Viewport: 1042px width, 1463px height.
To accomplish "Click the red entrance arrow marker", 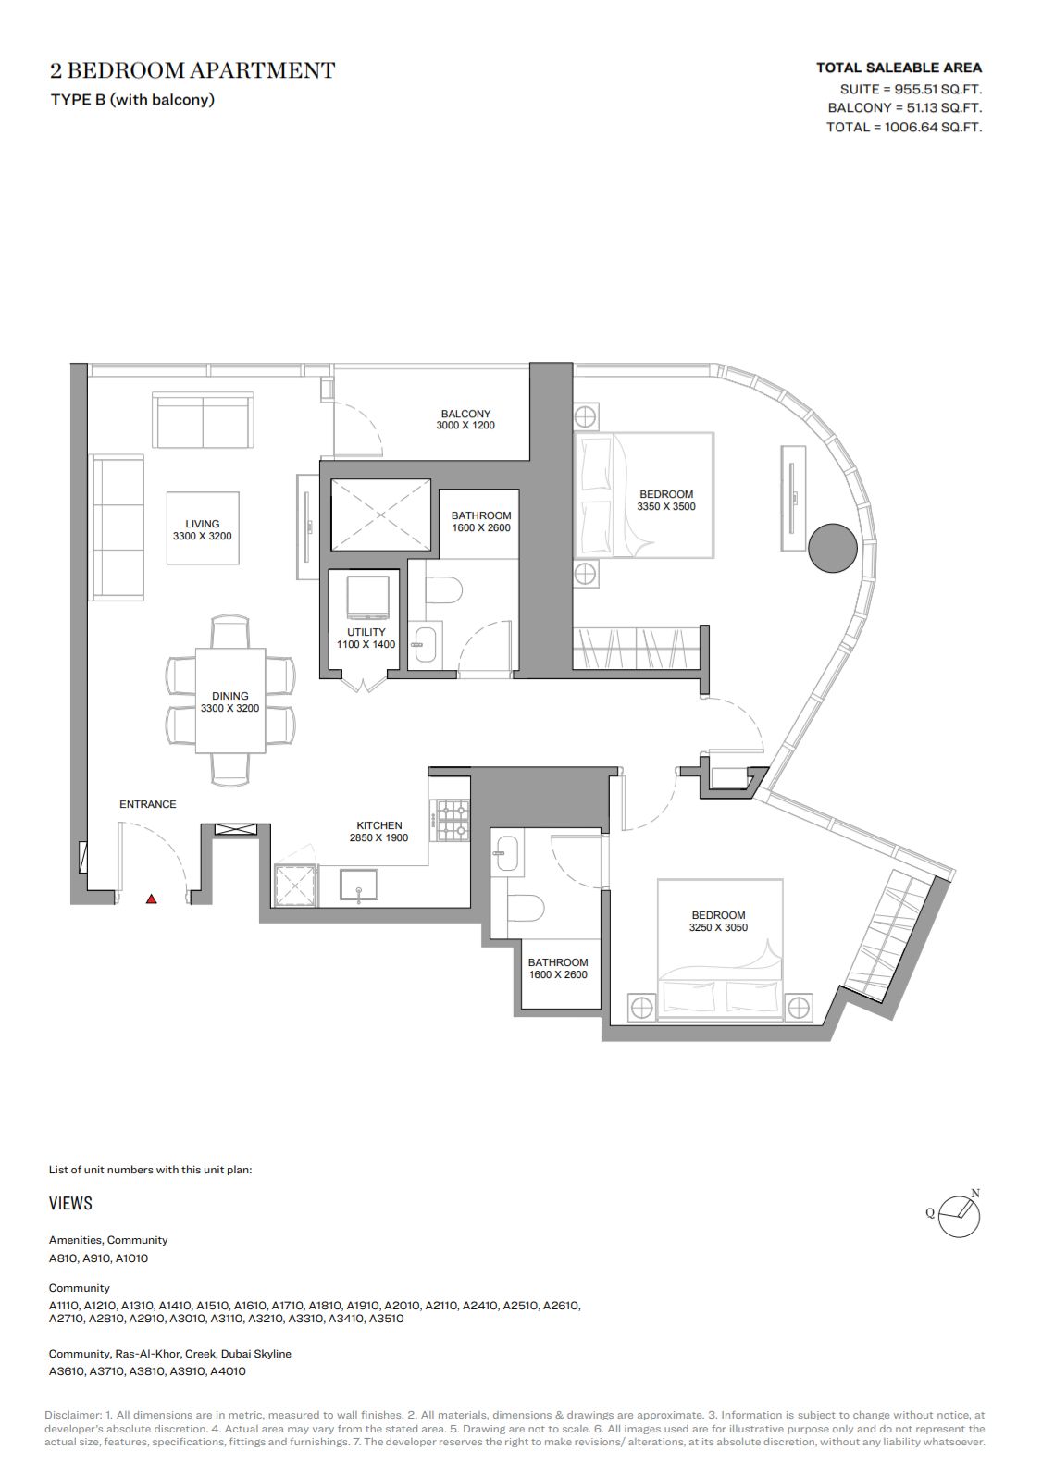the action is tap(152, 899).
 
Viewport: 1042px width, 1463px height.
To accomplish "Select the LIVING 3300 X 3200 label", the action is tap(203, 529).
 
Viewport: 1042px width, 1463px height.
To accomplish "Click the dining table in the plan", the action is tap(230, 701).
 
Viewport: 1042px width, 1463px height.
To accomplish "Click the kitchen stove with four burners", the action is tap(450, 820).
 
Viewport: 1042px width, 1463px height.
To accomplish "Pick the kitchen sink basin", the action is tap(358, 886).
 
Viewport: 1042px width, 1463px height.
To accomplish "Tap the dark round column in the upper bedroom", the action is tap(832, 548).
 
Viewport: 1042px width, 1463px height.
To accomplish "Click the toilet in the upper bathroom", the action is tap(443, 590).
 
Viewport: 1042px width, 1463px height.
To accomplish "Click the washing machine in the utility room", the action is tap(367, 597).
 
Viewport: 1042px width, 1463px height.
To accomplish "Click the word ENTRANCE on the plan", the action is tap(148, 805).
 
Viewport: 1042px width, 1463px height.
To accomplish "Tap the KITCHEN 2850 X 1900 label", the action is tap(378, 831).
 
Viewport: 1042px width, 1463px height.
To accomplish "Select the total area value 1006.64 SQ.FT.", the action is tap(933, 127).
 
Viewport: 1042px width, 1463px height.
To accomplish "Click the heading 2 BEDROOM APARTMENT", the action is tap(192, 70).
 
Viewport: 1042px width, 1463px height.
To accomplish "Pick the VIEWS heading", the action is tap(70, 1203).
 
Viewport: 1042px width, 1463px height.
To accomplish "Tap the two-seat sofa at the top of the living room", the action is tap(204, 420).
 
